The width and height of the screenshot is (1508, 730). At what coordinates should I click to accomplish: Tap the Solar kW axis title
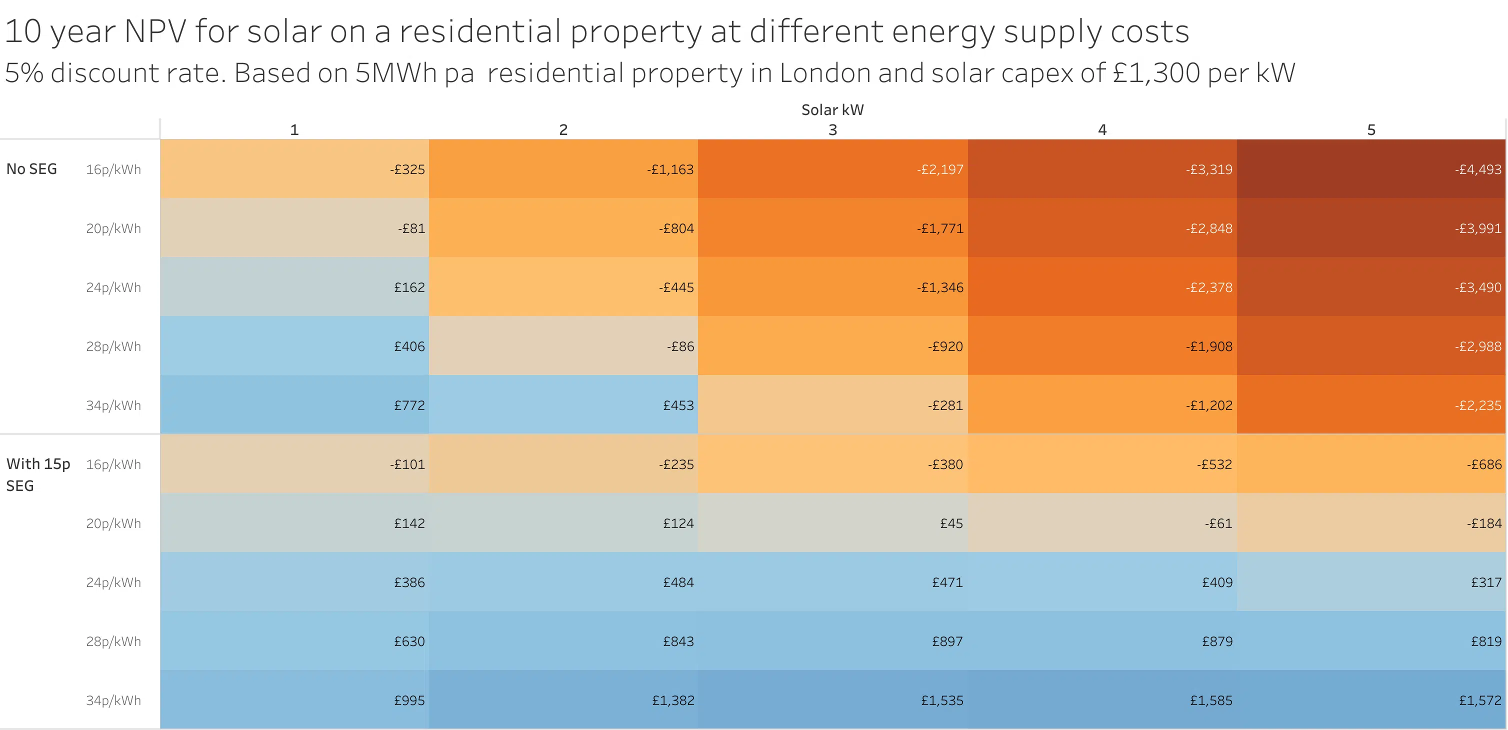pos(832,110)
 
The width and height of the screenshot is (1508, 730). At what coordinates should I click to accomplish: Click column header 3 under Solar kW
pos(832,130)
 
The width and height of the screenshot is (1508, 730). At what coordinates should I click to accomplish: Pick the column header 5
pos(1371,130)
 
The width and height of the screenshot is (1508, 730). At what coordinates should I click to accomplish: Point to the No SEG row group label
pos(31,169)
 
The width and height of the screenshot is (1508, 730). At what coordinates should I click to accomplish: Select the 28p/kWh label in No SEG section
pos(113,346)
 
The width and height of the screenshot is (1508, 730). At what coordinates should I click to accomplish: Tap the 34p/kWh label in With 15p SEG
pos(113,700)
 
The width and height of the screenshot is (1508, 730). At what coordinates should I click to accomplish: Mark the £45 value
pos(951,523)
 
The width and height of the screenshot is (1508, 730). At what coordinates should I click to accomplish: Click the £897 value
pos(947,641)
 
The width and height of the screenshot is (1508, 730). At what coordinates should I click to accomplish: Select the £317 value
pos(1486,582)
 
